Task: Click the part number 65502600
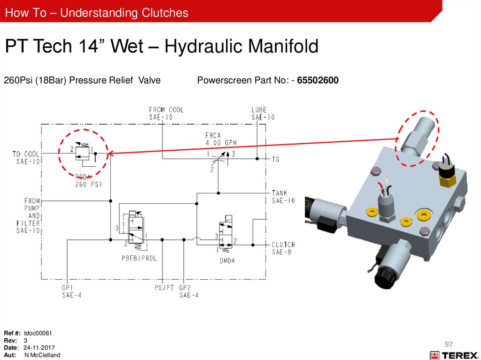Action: coord(318,80)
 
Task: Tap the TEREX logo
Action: coord(455,355)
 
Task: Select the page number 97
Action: coord(449,344)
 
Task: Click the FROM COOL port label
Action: coord(166,114)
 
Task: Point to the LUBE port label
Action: coord(263,114)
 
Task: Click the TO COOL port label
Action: coord(26,158)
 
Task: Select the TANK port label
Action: coord(283,197)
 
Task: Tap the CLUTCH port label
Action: coord(283,248)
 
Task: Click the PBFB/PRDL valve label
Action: coord(139,258)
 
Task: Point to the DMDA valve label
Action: coord(227,260)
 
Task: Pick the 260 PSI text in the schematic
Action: coord(88,184)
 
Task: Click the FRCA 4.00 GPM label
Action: coord(221,139)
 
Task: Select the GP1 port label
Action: coord(72,291)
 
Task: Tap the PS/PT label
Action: coord(164,288)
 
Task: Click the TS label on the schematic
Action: coord(275,159)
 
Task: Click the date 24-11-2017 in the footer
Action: coord(39,348)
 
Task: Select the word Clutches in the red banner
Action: coord(165,13)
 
